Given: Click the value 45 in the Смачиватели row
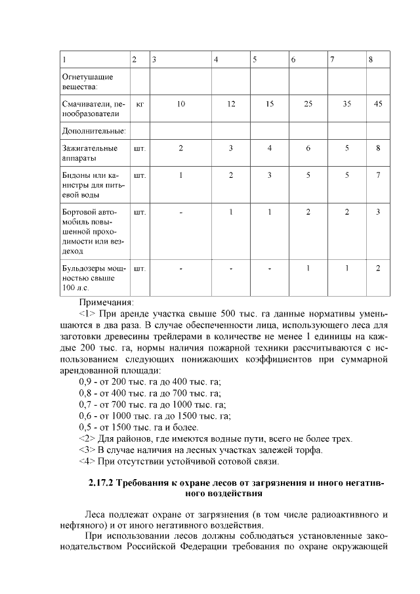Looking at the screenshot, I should click(x=377, y=104).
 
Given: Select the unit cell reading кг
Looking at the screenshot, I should click(x=139, y=104).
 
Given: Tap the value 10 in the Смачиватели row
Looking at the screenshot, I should click(x=180, y=104).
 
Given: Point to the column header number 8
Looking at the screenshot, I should click(x=371, y=60).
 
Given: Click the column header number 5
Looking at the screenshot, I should click(x=255, y=60).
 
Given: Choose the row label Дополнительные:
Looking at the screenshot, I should click(x=94, y=131).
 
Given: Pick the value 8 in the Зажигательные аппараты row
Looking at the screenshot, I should click(x=378, y=148).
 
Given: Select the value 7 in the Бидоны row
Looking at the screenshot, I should click(x=378, y=175).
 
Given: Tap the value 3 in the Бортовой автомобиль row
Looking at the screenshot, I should click(x=378, y=212).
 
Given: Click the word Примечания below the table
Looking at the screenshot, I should click(x=106, y=303).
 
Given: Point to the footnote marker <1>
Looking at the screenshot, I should click(x=87, y=314).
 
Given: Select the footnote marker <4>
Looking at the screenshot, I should click(x=87, y=461).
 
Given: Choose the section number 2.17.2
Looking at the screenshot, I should click(x=102, y=484).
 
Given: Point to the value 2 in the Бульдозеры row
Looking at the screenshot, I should click(x=378, y=268).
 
